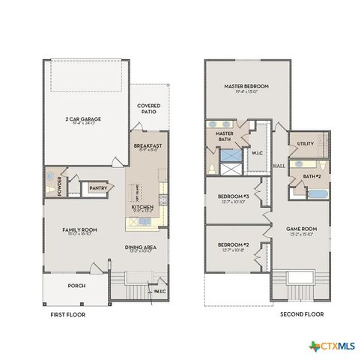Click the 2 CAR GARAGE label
pos(84,119)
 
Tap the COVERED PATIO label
pos(148,109)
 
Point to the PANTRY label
pos(97,187)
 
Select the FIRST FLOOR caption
pos(68,315)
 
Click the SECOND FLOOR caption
pos(302,315)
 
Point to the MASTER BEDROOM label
pos(246,87)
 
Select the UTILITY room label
pos(305,143)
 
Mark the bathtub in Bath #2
pos(316,193)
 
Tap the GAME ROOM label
pos(302,229)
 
